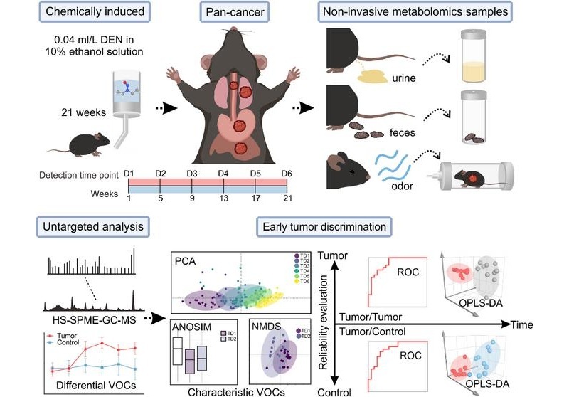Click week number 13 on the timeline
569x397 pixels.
[223, 200]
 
